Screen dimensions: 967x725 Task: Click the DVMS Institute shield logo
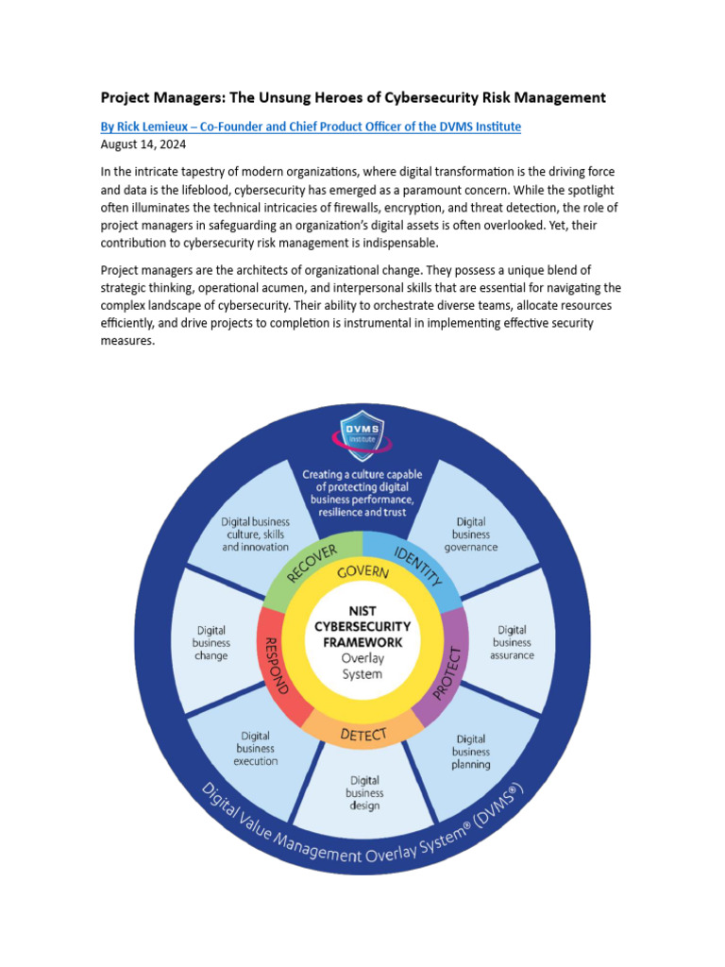(x=362, y=437)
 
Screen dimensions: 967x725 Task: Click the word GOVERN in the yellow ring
(x=362, y=572)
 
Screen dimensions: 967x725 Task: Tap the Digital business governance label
(x=470, y=534)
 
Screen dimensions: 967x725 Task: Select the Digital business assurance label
(x=513, y=642)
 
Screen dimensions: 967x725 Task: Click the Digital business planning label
(x=470, y=752)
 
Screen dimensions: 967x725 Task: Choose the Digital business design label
(x=364, y=793)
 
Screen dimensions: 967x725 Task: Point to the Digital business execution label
(x=256, y=748)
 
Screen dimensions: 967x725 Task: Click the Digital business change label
(x=211, y=642)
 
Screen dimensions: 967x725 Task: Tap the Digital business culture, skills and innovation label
(x=256, y=534)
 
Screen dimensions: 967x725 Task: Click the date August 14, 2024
(x=143, y=144)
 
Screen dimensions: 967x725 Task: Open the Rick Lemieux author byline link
(x=311, y=127)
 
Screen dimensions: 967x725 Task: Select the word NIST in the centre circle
(x=362, y=611)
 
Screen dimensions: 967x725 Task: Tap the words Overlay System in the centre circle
(x=362, y=667)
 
